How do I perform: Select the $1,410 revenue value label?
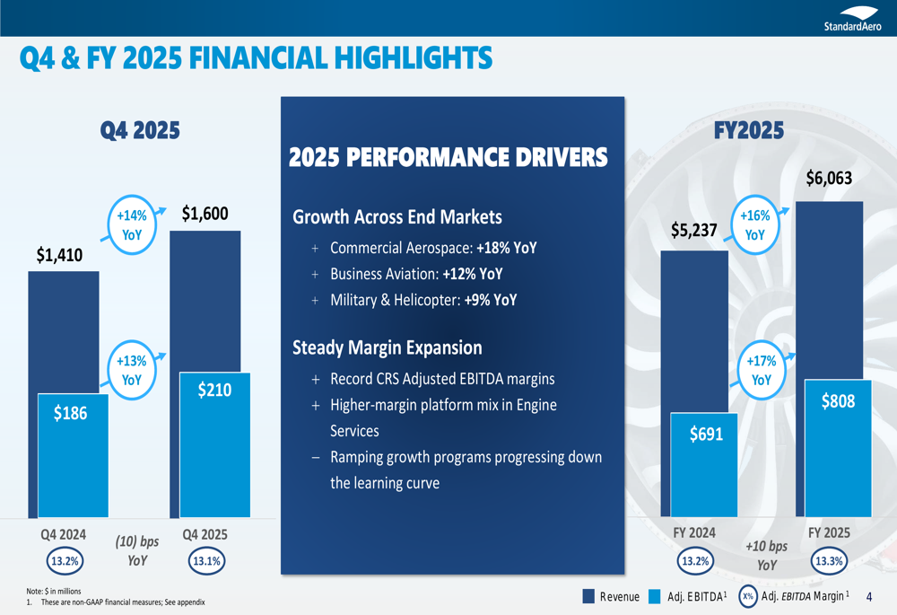[59, 256]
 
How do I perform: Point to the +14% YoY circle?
[132, 225]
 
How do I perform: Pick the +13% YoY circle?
[132, 370]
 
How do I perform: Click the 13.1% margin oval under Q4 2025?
[205, 562]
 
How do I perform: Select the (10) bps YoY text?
[136, 551]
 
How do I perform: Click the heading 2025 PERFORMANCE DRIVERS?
[448, 158]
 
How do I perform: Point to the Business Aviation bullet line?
[415, 274]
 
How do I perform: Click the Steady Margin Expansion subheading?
[387, 347]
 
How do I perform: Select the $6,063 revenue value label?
[828, 179]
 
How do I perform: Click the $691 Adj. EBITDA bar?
[705, 462]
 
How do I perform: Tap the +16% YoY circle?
[754, 225]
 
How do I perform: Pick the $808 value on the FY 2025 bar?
[838, 402]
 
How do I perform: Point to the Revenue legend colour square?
[588, 596]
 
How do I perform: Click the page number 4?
[869, 596]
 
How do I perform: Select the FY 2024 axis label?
[694, 532]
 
